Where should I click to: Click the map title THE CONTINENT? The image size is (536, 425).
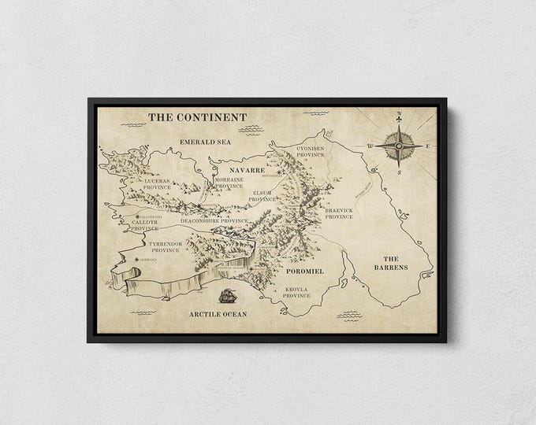point(198,117)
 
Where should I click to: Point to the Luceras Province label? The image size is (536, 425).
point(158,183)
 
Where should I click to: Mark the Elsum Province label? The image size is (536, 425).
point(262,196)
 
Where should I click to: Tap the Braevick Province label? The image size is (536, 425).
point(339,214)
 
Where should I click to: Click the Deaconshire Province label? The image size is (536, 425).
point(214,221)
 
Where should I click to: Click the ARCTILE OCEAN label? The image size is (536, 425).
point(218,314)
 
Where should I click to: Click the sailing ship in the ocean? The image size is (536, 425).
point(228,297)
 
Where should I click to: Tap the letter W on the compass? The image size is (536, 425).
point(369,146)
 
